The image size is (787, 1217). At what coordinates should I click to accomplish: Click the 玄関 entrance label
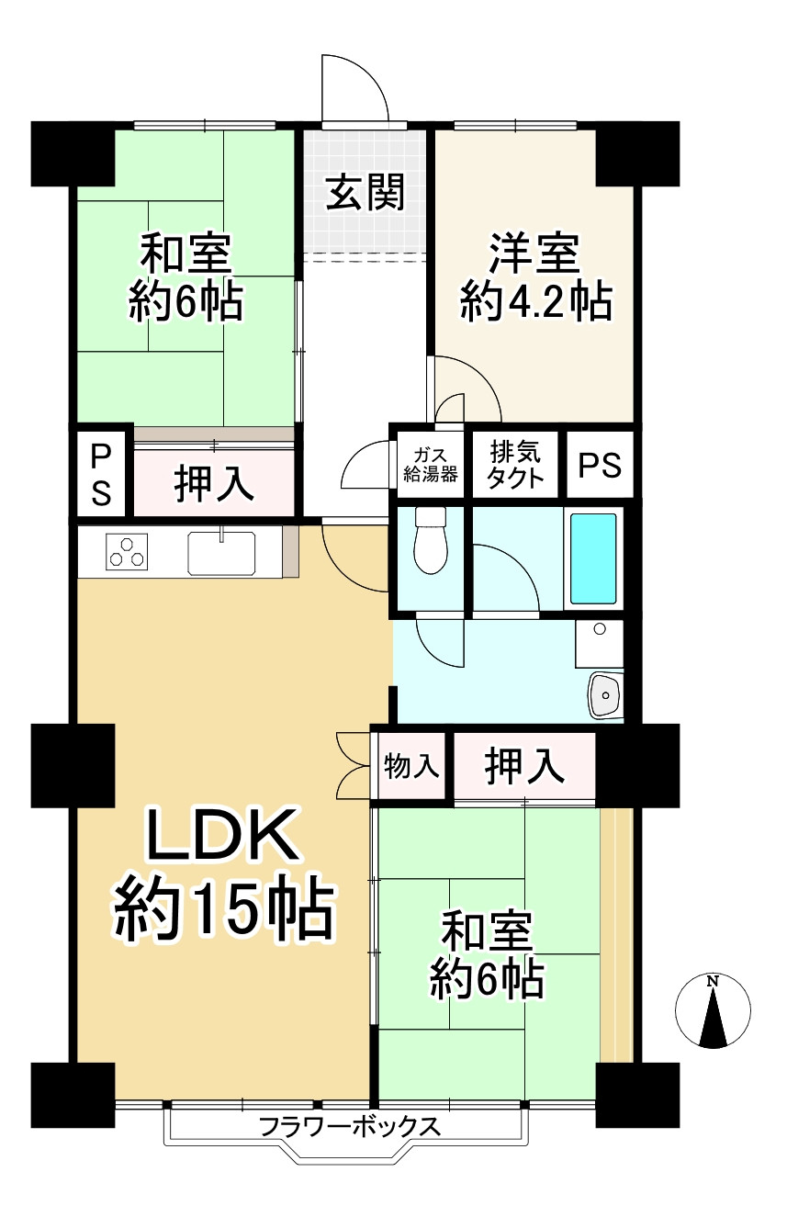point(365,194)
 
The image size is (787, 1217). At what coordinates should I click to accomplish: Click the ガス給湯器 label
point(431,465)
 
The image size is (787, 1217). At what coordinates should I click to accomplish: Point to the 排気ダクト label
point(515,465)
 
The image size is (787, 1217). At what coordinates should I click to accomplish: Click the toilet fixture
point(430,542)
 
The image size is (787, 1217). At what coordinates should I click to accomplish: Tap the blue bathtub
point(593,558)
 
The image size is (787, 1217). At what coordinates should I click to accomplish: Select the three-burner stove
point(126,552)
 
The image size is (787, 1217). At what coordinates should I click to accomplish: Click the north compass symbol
point(713,1010)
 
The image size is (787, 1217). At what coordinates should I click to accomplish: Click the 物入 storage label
point(411,766)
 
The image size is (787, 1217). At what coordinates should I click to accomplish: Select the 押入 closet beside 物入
point(524,767)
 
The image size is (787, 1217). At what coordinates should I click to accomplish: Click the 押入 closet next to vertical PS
point(214,483)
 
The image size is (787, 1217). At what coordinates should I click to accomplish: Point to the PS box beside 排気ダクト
point(599,466)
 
